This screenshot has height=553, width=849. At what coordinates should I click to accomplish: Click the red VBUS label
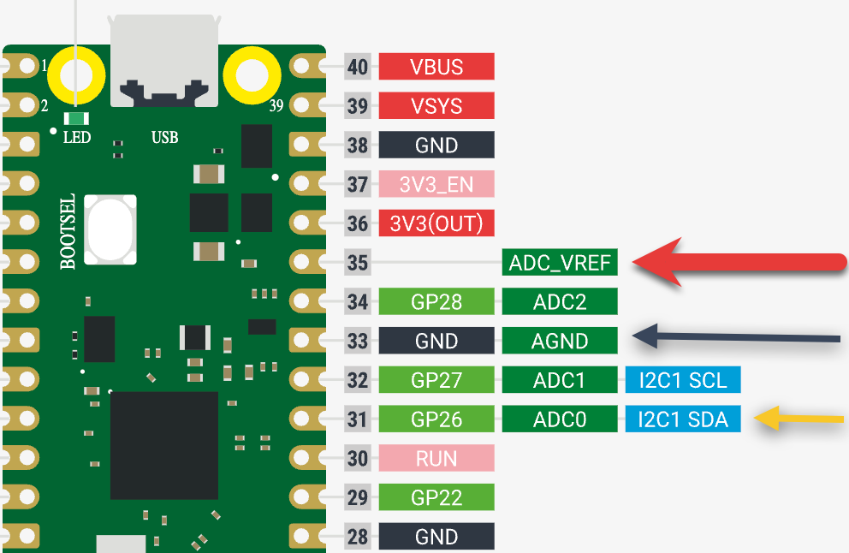(x=436, y=67)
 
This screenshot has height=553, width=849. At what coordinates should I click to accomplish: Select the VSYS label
(x=436, y=106)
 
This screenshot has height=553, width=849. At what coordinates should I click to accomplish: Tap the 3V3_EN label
(x=436, y=184)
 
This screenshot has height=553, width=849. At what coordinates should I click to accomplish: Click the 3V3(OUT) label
(x=436, y=223)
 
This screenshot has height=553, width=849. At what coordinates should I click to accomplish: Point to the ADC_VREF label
(x=560, y=263)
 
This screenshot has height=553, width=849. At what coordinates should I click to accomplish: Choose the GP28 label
(x=436, y=301)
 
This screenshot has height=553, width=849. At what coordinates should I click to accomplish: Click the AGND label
(x=560, y=341)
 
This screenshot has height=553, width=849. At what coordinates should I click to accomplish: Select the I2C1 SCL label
(x=682, y=380)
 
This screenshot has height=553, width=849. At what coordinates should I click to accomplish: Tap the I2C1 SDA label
(x=682, y=419)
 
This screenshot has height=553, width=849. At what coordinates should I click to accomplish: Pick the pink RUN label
(x=436, y=459)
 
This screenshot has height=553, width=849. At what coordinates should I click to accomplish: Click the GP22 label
(x=436, y=497)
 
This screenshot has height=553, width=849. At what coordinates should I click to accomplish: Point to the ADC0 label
(x=560, y=419)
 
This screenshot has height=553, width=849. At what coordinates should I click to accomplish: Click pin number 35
(x=358, y=263)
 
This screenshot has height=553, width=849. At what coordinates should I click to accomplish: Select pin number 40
(x=358, y=67)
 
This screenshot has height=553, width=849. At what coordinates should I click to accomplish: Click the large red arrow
(x=736, y=263)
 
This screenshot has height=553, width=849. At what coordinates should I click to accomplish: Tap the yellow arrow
(x=800, y=419)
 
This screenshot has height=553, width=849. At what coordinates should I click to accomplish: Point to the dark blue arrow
(x=736, y=336)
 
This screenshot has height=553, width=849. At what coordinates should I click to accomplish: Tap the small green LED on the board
(x=79, y=118)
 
